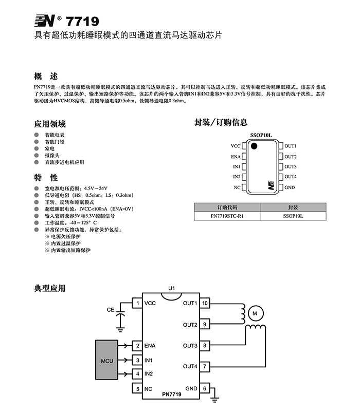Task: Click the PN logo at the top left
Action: pyautogui.click(x=45, y=21)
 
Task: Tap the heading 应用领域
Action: pyautogui.click(x=50, y=124)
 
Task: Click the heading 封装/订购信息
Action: pyautogui.click(x=221, y=123)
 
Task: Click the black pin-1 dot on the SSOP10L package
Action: pyautogui.click(x=254, y=146)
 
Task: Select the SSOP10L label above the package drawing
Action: pyautogui.click(x=261, y=135)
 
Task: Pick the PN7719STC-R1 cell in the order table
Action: pyautogui.click(x=227, y=216)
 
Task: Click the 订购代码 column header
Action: pyautogui.click(x=227, y=208)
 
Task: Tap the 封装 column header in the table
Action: pyautogui.click(x=293, y=208)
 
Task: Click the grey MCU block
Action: pyautogui.click(x=107, y=361)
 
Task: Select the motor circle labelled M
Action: pyautogui.click(x=256, y=312)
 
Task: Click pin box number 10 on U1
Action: pyautogui.click(x=205, y=303)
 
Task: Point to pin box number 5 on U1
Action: pyautogui.click(x=137, y=388)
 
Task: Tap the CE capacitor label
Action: pyautogui.click(x=111, y=310)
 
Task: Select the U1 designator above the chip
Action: pyautogui.click(x=172, y=288)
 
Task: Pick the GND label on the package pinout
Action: pyautogui.click(x=290, y=187)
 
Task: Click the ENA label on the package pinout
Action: pyautogui.click(x=236, y=157)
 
